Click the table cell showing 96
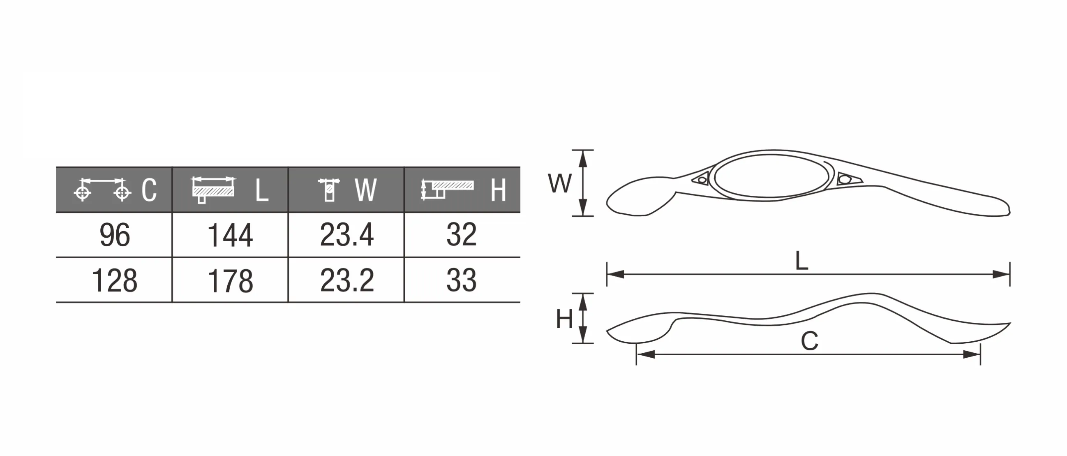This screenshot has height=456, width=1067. [115, 235]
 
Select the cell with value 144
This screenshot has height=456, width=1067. [230, 235]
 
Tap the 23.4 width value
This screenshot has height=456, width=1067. [346, 235]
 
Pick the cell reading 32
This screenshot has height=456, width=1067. [462, 235]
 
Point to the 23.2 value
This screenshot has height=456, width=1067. [346, 280]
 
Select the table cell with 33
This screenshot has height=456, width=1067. [462, 280]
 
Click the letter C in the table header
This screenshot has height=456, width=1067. [149, 190]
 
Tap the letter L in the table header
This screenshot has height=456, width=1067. [262, 191]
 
